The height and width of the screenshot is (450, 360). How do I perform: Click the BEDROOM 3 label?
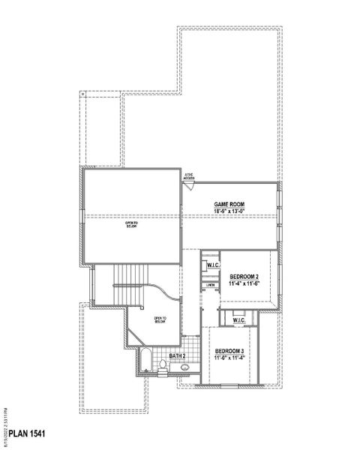click(229, 351)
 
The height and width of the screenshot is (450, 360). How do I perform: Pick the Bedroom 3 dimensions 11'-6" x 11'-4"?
click(229, 358)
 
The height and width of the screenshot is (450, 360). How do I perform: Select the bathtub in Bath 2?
click(145, 359)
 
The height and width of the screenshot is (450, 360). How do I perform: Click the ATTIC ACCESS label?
click(188, 177)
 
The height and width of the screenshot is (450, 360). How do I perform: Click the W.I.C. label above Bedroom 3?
click(238, 320)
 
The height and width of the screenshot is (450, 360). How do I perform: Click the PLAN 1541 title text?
click(28, 433)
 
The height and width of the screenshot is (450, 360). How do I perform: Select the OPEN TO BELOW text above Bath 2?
click(160, 319)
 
